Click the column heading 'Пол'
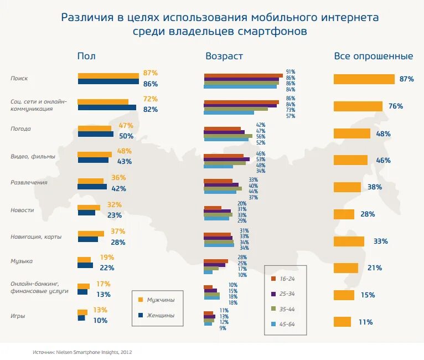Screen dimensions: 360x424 pos(86,56)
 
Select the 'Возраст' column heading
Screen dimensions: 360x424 pos(224,56)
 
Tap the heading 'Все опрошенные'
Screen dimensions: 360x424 pos(373,56)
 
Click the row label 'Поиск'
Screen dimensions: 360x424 pos(19,79)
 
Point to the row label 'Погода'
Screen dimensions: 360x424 pos(20,129)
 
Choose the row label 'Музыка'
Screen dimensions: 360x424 pos(22,261)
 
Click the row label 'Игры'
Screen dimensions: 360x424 pos(18,316)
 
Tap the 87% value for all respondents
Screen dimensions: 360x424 pos(406,79)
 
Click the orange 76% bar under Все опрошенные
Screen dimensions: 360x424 pos(358,106)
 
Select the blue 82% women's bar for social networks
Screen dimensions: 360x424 pos(107,107)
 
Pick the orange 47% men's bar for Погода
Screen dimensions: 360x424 pos(95,128)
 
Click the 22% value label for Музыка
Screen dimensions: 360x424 pos(107,268)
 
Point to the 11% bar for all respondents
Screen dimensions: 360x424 pos(342,322)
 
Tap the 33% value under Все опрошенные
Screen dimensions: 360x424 pos(381,241)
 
